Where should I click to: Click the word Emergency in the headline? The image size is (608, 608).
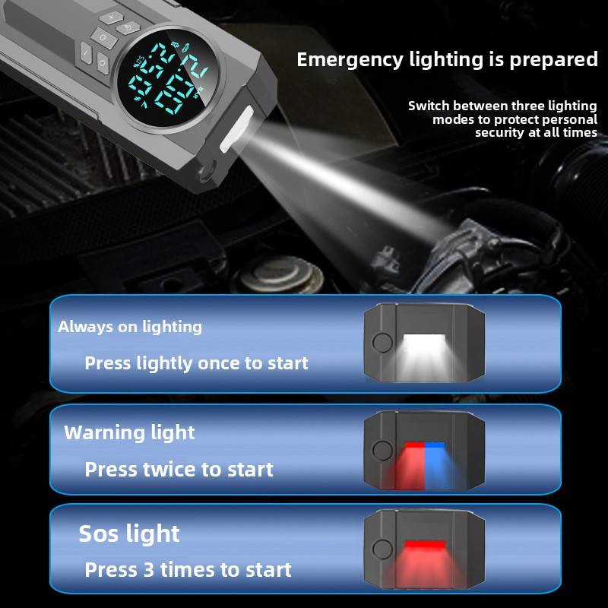pyautogui.click(x=350, y=60)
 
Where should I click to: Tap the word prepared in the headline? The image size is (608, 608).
pyautogui.click(x=553, y=60)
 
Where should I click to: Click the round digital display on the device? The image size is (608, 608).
pyautogui.click(x=168, y=81)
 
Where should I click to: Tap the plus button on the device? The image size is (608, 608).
pyautogui.click(x=111, y=17)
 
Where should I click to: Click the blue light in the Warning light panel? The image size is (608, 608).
pyautogui.click(x=435, y=445)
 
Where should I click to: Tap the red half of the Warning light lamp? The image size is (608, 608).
pyautogui.click(x=414, y=445)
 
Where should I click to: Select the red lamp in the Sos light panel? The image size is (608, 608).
pyautogui.click(x=425, y=545)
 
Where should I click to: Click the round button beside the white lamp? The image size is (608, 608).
pyautogui.click(x=382, y=343)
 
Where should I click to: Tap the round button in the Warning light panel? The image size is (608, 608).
pyautogui.click(x=382, y=450)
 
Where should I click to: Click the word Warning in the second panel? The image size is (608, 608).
pyautogui.click(x=104, y=432)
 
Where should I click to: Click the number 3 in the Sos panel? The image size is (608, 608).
pyautogui.click(x=149, y=569)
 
